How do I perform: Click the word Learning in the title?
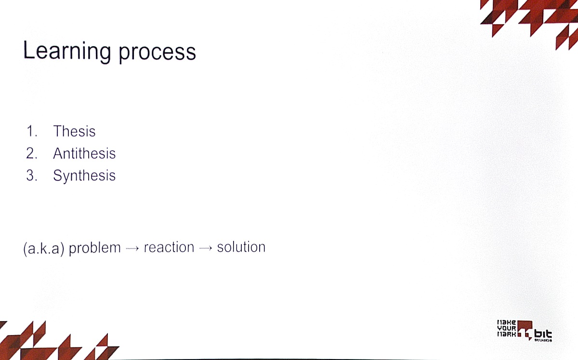67,51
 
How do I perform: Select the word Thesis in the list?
74,131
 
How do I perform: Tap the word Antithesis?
84,153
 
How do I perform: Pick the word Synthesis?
84,176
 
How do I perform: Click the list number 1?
32,131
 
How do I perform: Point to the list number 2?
32,153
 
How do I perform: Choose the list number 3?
32,175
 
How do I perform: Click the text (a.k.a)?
44,248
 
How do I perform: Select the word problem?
95,248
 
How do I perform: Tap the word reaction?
169,247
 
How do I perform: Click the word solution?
241,247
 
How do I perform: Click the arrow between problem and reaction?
132,249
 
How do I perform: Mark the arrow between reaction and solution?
206,248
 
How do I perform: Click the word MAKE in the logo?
507,322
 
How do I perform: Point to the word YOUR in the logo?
507,328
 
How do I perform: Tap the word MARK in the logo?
507,334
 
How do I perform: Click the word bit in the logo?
543,334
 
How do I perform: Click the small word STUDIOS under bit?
543,340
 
